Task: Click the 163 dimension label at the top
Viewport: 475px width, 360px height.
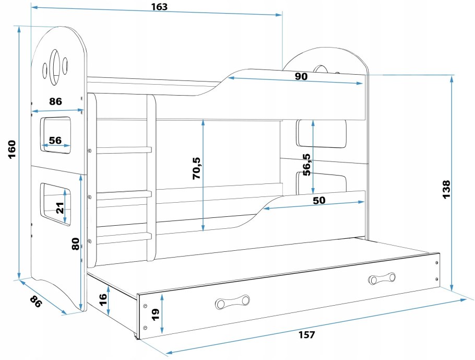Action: point(160,7)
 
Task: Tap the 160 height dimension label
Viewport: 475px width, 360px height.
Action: point(12,149)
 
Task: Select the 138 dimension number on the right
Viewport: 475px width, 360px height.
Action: point(446,190)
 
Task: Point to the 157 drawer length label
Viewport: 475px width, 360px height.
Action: point(307,335)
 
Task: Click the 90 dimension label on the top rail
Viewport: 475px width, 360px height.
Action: point(301,76)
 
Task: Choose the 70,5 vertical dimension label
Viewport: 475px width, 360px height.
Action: point(197,168)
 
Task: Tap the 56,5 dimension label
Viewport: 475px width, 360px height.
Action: point(306,165)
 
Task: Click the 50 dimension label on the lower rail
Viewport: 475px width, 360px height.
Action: point(319,200)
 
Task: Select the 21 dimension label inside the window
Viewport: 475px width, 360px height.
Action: point(60,208)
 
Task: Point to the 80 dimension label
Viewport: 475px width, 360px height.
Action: point(76,244)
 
